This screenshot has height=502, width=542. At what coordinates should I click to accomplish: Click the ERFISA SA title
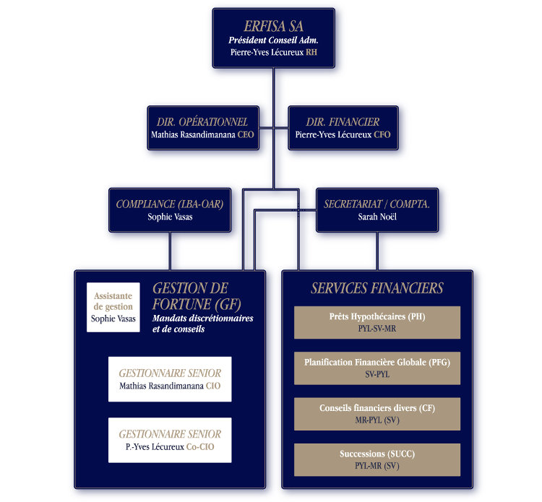[x=273, y=26]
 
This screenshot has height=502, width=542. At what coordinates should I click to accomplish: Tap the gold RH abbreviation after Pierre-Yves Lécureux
[x=311, y=52]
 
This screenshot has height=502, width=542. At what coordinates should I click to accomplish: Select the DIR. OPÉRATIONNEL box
[x=203, y=128]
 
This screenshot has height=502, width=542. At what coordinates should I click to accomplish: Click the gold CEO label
[x=246, y=134]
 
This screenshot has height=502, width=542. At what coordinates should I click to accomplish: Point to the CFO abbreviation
[x=382, y=134]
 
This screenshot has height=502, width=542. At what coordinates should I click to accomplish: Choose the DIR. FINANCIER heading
[x=343, y=121]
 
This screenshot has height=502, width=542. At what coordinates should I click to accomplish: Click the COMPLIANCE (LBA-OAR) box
[x=170, y=210]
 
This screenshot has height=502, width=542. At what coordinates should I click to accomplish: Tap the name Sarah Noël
[x=377, y=217]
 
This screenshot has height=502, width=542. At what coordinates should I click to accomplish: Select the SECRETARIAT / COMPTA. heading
[x=377, y=204]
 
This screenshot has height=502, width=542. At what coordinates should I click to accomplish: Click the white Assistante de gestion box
[x=113, y=308]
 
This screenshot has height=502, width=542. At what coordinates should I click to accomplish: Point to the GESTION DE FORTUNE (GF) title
[x=197, y=296]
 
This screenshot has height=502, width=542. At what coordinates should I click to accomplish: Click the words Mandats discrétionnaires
[x=203, y=319]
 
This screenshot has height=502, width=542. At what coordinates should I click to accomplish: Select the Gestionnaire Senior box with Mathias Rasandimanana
[x=170, y=379]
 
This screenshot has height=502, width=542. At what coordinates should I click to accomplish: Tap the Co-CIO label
[x=200, y=446]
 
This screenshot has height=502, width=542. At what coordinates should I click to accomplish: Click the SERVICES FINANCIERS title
[x=377, y=287]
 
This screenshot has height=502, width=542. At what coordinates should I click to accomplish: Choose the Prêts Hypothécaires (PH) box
[x=377, y=322]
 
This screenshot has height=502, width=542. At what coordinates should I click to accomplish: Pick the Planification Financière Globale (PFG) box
[x=377, y=368]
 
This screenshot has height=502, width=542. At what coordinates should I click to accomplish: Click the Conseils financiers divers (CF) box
[x=377, y=414]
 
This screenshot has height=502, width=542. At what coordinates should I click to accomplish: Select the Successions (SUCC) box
[x=377, y=460]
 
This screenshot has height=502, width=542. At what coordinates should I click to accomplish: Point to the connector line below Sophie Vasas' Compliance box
[x=170, y=251]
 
